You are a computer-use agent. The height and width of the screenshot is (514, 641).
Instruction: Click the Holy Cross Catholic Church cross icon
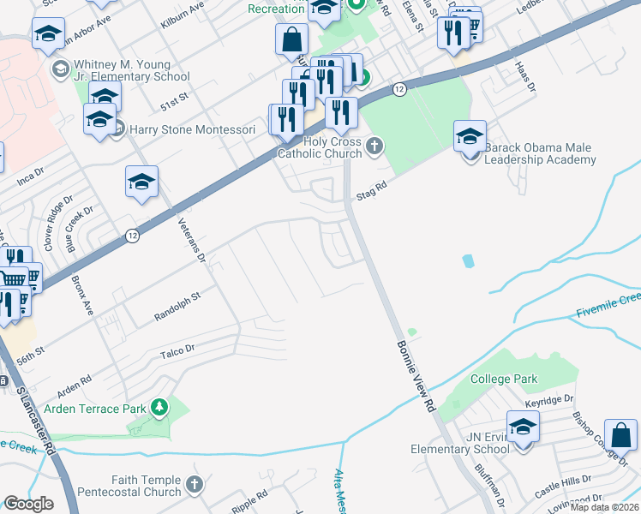pos(374,146)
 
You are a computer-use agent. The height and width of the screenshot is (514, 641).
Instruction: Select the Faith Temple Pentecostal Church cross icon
pos(195,486)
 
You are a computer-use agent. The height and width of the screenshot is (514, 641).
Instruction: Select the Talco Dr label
pos(178,351)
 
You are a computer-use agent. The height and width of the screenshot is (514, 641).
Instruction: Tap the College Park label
pos(504,379)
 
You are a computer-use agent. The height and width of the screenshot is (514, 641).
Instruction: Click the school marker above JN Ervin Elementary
pos(523,426)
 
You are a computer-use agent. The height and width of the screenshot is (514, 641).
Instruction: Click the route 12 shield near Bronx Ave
pos(131,235)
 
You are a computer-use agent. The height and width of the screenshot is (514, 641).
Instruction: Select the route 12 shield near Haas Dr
pos(399,89)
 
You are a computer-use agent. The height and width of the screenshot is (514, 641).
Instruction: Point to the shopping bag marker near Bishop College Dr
pos(620,435)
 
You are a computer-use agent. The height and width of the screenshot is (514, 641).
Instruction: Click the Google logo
pos(28,504)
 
